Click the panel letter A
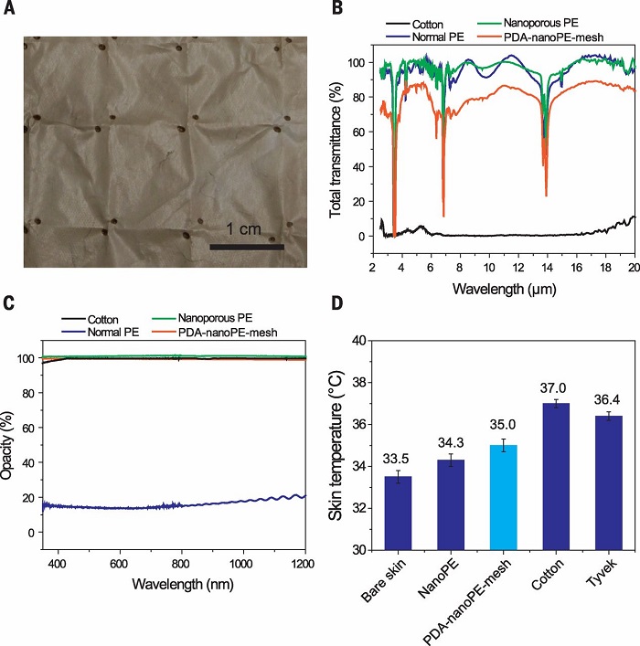tap(11, 10)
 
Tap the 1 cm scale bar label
tap(245, 227)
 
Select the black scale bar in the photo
tap(246, 246)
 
